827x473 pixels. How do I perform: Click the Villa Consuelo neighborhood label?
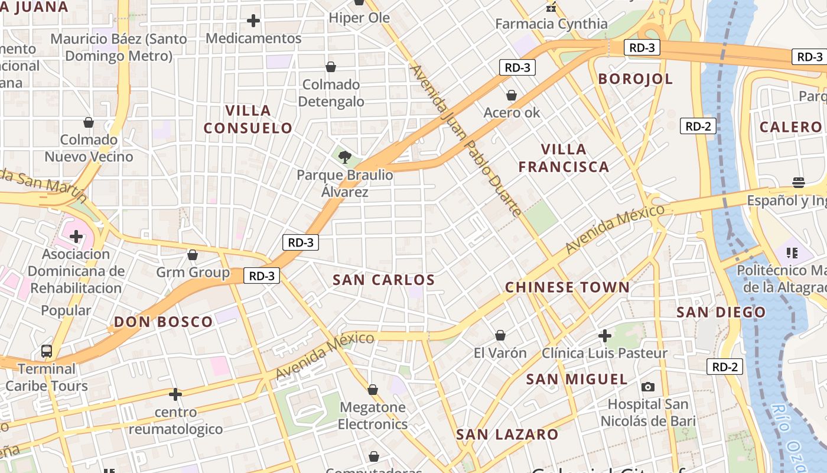point(248,119)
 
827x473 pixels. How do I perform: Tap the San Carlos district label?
point(384,280)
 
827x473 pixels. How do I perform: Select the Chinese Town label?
point(567,287)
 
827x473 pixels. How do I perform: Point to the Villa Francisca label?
point(564,158)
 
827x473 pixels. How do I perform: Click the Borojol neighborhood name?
point(636,79)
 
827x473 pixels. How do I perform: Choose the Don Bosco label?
point(163,322)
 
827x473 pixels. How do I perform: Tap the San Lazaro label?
point(507,435)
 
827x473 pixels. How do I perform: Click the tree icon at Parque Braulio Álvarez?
point(344,157)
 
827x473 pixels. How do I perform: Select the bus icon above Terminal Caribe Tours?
point(47,351)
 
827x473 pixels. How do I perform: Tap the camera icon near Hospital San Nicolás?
point(648,387)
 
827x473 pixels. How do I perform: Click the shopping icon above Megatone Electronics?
point(373,390)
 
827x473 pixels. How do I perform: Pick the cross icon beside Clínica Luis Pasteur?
point(605,336)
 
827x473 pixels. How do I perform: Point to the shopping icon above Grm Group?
point(193,255)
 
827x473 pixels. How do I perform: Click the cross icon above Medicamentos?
point(253,21)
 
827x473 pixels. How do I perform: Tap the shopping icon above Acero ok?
point(512,95)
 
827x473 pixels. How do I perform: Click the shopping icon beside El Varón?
point(500,335)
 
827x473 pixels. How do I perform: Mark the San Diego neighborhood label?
point(721,312)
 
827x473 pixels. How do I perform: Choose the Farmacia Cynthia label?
point(551,24)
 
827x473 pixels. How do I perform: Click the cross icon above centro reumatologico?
point(175,394)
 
